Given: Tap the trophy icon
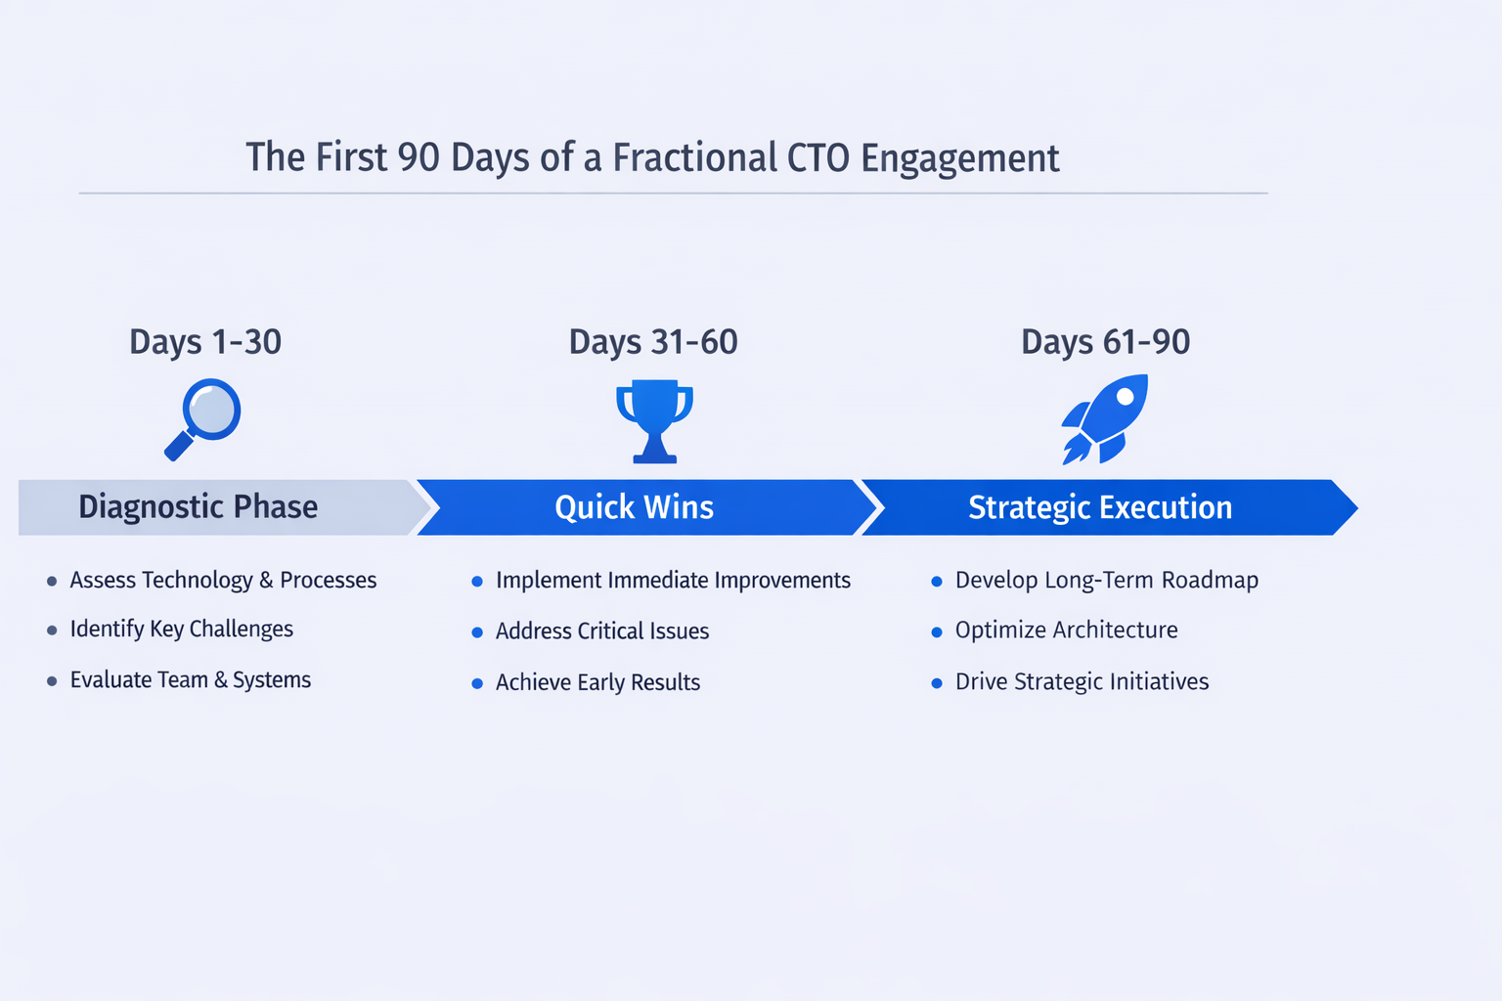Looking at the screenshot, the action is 654,421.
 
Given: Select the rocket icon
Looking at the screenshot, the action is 1105,419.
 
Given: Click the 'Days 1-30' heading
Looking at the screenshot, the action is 205,341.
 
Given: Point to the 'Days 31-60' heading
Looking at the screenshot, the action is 653,341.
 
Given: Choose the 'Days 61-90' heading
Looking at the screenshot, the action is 1106,341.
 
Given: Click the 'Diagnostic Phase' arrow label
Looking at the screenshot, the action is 198,507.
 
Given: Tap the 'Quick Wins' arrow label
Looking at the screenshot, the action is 635,507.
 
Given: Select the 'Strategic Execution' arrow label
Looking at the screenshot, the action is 1100,507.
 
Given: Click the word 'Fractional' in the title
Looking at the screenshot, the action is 693,157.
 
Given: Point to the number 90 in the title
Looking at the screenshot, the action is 419,157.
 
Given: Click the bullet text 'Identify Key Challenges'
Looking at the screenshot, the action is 182,629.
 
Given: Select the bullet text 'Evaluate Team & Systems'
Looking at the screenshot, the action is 191,679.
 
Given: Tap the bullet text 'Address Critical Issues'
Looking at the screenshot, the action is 602,631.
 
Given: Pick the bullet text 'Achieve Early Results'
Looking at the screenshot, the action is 598,682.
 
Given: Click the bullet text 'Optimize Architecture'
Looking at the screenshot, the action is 1066,631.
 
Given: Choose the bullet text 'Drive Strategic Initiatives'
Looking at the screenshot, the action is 1082,682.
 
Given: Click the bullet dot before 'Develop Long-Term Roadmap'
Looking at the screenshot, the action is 937,582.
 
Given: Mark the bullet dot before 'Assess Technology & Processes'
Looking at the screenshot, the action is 52,582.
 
